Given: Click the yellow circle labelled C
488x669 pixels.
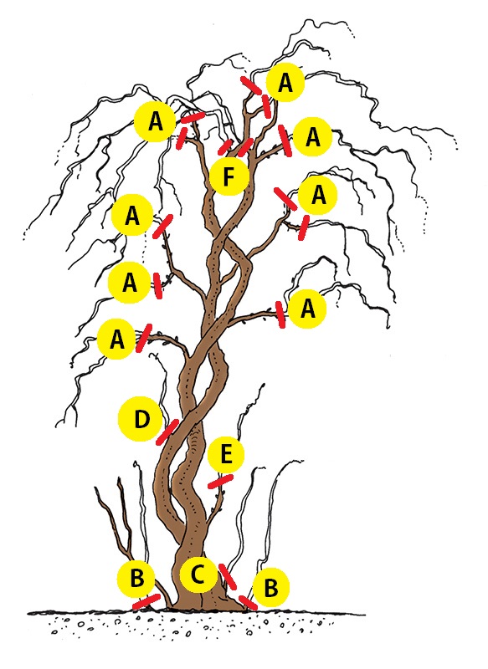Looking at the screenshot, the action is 198,575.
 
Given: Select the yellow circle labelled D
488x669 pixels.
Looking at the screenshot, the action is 140,419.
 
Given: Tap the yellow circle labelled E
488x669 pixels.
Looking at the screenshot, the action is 226,455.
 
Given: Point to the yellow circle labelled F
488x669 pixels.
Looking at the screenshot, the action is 229,176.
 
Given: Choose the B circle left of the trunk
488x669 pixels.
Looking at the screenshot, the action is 136,579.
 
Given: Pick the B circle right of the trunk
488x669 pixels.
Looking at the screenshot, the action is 271,588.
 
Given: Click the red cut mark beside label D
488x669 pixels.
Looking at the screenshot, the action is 167,432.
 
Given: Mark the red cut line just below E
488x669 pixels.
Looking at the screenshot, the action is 220,482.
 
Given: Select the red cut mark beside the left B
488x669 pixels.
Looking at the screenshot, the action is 146,601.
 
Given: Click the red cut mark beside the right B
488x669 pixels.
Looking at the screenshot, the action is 248,602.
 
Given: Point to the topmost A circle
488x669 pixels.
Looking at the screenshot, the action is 285,82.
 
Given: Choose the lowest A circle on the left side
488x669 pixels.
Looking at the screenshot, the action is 117,340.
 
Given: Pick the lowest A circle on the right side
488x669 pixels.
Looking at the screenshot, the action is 307,308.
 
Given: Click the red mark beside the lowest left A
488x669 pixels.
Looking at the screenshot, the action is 143,338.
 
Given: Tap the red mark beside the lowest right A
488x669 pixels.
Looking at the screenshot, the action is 280,315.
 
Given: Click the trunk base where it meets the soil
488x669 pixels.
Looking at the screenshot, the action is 206,608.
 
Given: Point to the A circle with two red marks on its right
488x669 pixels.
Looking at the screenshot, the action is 155,121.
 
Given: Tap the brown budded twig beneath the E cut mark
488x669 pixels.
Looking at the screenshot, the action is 217,508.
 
